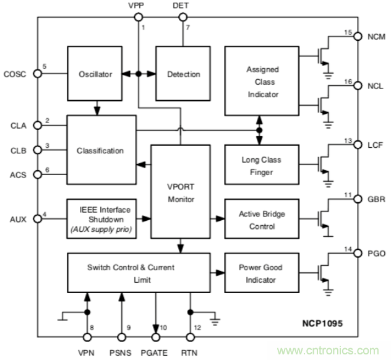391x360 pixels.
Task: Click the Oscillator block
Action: pos(96,74)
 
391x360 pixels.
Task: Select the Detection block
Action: pos(183,74)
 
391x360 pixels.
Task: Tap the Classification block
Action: pos(100,150)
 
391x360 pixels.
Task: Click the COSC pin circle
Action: pos(37,74)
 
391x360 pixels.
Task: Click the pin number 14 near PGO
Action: pos(349,251)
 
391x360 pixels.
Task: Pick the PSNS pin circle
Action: pos(121,337)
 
